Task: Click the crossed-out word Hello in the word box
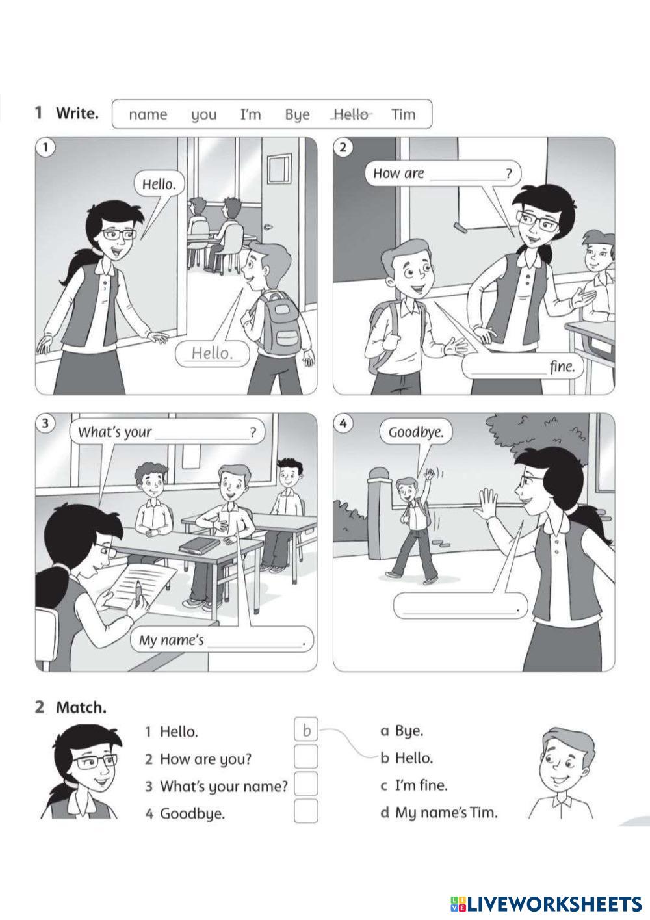351,114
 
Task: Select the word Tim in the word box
403,114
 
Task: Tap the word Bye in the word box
297,115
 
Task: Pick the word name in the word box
148,114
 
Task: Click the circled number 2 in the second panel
343,148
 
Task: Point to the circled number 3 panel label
45,423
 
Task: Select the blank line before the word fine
508,373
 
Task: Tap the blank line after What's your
202,439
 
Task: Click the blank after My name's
255,647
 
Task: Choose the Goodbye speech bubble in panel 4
415,432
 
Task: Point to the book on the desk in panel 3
200,545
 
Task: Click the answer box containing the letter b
306,729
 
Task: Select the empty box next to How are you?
306,757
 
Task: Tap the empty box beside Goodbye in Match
306,811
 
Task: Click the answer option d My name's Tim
439,812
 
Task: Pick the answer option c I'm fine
414,785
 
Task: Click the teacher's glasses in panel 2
538,220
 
